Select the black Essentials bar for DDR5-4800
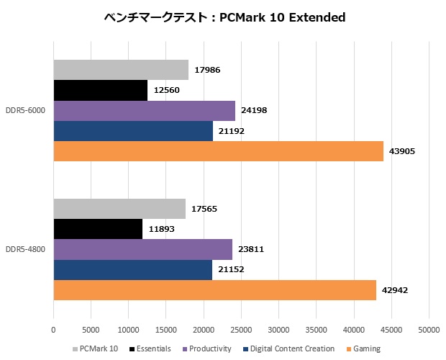coord(98,229)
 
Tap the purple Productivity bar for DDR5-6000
coord(144,111)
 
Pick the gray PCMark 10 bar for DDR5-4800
coord(119,209)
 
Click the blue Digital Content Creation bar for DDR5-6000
coord(133,131)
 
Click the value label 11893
coord(160,230)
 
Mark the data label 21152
coord(231,271)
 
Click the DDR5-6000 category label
coord(25,111)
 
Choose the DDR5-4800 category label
coord(25,250)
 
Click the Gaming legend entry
coord(365,348)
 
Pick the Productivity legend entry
coord(208,348)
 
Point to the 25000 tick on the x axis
coord(241,330)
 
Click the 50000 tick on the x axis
coord(429,330)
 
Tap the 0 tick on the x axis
coord(53,330)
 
